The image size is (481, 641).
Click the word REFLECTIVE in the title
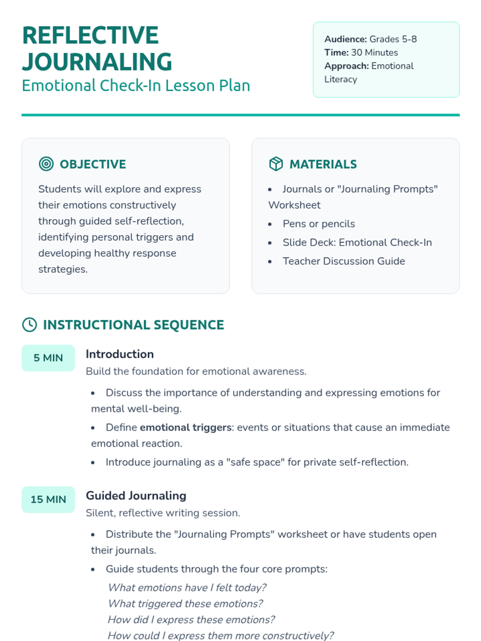tap(90, 35)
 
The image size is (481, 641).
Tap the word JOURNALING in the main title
tap(97, 62)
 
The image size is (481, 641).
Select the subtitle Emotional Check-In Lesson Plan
tap(136, 86)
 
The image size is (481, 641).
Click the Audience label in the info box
tap(346, 39)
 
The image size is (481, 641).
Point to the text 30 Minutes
tap(374, 52)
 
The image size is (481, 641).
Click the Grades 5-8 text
tap(393, 39)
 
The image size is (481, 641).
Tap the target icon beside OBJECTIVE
tap(46, 164)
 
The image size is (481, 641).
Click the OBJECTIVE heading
tap(93, 164)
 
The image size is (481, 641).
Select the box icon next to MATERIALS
tap(276, 164)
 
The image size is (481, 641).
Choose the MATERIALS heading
tap(323, 164)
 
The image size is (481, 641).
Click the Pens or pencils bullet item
tap(319, 224)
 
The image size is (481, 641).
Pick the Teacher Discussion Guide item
tap(344, 261)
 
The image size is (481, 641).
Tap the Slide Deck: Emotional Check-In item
tap(357, 242)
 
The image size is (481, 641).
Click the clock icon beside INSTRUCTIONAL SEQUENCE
tap(30, 325)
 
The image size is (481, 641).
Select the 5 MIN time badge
tap(48, 358)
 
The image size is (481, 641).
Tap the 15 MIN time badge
tap(48, 499)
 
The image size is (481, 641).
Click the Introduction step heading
tap(119, 354)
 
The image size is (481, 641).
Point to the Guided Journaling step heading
tap(136, 496)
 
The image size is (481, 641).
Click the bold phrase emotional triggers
tap(186, 427)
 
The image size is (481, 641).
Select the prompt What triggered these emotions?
tap(185, 604)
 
